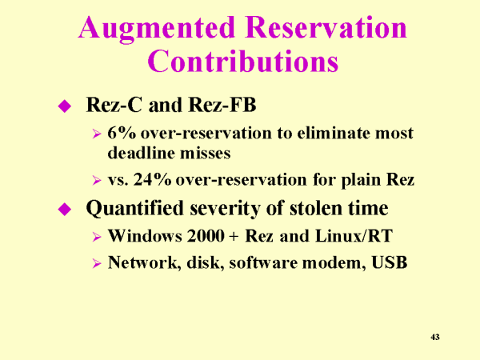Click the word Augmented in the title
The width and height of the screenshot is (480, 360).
coord(157,29)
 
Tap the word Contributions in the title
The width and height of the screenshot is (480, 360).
coord(243,61)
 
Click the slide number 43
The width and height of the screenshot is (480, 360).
coord(435,337)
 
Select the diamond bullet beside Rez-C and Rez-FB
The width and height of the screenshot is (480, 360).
coord(65,106)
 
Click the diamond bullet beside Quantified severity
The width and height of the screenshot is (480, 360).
coord(65,209)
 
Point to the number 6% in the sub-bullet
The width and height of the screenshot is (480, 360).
coord(122,133)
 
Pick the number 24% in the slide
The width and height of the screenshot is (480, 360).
coord(152,179)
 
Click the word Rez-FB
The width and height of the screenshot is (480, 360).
coord(222,105)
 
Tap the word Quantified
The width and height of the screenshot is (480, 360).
coord(134,209)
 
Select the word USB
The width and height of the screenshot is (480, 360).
coord(390,262)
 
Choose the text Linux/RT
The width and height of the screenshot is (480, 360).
coord(354,236)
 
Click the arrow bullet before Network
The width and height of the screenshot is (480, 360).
coord(97,263)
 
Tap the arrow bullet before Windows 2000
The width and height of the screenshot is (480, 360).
coord(97,237)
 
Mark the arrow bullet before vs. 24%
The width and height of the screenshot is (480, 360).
coord(97,180)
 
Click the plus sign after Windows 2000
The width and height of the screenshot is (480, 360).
coord(234,237)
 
